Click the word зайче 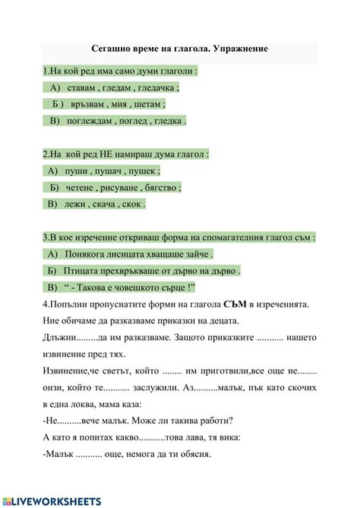click(195, 254)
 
